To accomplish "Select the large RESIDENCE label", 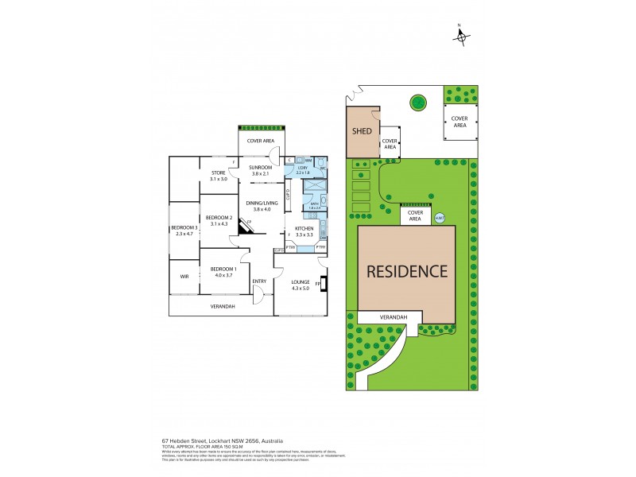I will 406,270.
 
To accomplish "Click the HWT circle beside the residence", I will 440,219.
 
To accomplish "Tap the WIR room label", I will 184,276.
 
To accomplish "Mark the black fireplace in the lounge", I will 323,284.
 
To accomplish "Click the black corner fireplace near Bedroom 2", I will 247,226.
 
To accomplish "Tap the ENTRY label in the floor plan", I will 259,281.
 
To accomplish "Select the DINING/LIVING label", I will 261,204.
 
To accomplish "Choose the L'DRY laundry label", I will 302,169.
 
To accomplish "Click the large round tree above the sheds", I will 417,102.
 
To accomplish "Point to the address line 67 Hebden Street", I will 222,440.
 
